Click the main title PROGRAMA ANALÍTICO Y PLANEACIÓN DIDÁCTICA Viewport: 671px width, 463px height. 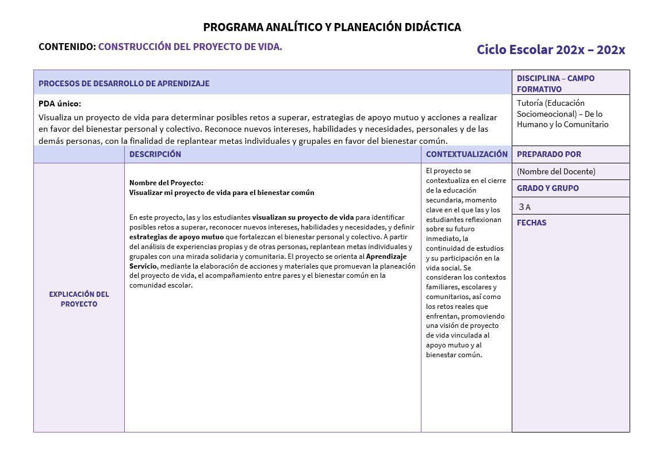pyautogui.click(x=332, y=27)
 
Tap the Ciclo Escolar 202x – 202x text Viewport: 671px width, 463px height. pyautogui.click(x=550, y=49)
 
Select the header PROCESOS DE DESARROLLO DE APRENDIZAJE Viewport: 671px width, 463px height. pyautogui.click(x=124, y=83)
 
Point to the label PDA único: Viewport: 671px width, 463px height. pyautogui.click(x=60, y=104)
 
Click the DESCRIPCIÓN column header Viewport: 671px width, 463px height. pyautogui.click(x=155, y=154)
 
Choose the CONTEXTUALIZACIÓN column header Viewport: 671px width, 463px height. pyautogui.click(x=466, y=154)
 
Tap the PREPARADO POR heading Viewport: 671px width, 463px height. pyautogui.click(x=549, y=154)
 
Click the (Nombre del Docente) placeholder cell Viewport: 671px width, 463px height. pyautogui.click(x=555, y=171)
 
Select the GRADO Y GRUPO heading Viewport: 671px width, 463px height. pyautogui.click(x=547, y=188)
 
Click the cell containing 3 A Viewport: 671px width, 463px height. pyautogui.click(x=524, y=206)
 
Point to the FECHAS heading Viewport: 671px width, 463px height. pyautogui.click(x=531, y=223)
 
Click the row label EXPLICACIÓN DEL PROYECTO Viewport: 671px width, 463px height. pyautogui.click(x=79, y=299)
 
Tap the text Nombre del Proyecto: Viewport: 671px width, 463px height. pyautogui.click(x=166, y=183)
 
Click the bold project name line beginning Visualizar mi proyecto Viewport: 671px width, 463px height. pyautogui.click(x=221, y=193)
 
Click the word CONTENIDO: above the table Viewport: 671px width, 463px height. pyautogui.click(x=67, y=47)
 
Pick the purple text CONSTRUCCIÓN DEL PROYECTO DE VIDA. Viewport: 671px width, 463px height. pyautogui.click(x=190, y=47)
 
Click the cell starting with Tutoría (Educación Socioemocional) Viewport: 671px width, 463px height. pyautogui.click(x=562, y=114)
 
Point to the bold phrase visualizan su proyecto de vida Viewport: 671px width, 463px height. pyautogui.click(x=302, y=217)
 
